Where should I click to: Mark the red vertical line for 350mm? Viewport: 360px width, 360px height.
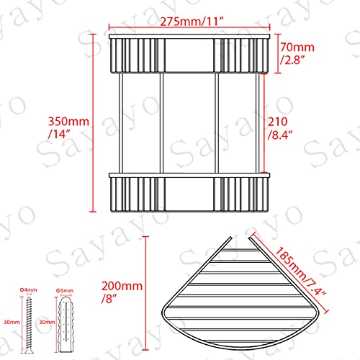94,122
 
